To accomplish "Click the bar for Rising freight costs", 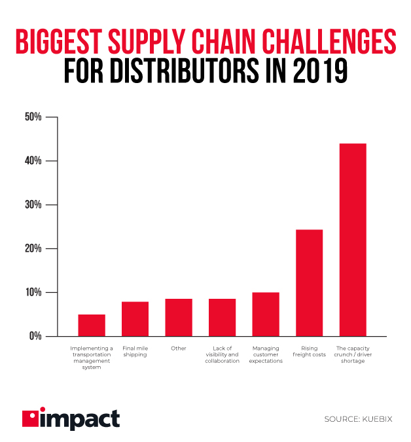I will pos(309,282).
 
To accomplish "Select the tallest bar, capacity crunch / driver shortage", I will pos(353,239).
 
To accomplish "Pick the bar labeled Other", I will pos(179,317).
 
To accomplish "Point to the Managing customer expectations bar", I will pos(266,314).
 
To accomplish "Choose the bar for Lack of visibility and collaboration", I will pos(222,317).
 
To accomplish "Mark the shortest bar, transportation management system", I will pos(92,325).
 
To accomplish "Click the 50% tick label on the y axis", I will pos(33,117).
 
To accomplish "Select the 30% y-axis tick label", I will pos(33,205).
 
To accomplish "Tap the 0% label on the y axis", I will pos(35,336).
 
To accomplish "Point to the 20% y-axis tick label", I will pos(33,248).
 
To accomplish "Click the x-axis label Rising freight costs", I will pos(309,352).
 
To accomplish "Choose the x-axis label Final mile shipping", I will pos(135,352).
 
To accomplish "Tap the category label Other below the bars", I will pos(179,348).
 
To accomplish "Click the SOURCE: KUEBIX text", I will pos(358,418).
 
